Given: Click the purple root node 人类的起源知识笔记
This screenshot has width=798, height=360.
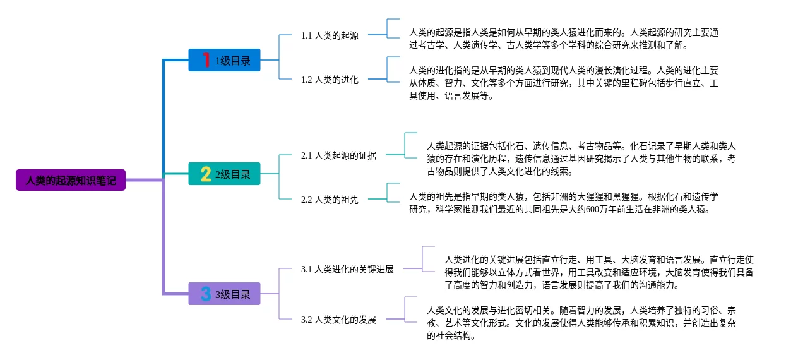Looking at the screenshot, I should point(71,180).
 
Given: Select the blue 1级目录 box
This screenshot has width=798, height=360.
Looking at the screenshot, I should point(224,60).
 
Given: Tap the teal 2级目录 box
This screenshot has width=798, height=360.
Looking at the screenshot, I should point(224,174).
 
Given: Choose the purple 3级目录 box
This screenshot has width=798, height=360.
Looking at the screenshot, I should point(224,294).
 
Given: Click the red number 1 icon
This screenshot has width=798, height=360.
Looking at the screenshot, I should point(205,60).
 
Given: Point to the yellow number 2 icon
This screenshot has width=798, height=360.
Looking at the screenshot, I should point(205,174).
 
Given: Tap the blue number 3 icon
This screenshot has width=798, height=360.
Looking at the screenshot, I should point(205,294).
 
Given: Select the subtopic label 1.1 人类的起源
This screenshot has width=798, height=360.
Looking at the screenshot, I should point(330,35).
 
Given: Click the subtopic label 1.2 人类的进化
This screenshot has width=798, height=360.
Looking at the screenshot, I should point(330,80).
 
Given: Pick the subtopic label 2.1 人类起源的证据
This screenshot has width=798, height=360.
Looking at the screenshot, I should point(338,155).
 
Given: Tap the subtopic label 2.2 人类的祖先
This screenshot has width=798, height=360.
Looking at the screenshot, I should point(330,200).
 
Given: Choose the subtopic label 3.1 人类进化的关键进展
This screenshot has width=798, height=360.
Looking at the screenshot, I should point(347,269).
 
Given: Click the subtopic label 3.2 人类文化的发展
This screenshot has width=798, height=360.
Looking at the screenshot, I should point(338,320).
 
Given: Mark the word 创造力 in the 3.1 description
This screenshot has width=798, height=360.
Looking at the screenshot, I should point(519,285).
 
